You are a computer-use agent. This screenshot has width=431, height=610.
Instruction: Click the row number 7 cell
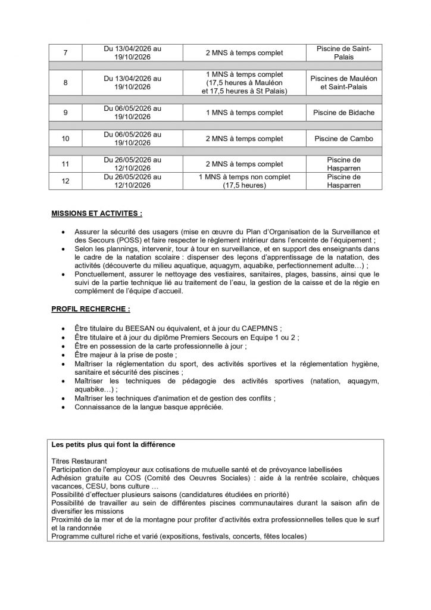click(x=65, y=53)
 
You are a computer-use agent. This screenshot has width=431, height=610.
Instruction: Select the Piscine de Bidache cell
click(x=345, y=113)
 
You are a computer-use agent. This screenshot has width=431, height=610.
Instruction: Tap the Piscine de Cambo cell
click(x=345, y=139)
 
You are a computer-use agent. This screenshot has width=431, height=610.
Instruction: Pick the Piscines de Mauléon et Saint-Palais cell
click(x=345, y=83)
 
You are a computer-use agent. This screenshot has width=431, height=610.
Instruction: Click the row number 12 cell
click(x=65, y=181)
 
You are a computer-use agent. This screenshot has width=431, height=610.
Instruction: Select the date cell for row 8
click(x=132, y=83)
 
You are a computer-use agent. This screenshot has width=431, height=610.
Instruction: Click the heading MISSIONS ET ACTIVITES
click(x=96, y=213)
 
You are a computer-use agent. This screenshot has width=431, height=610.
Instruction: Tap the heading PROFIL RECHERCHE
click(x=90, y=309)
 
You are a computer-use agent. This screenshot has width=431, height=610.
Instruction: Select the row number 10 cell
click(x=65, y=139)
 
